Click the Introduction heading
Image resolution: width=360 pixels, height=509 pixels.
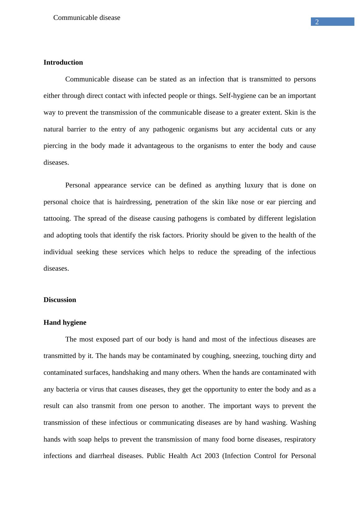(x=63, y=62)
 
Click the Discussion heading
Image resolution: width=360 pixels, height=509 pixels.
(x=60, y=300)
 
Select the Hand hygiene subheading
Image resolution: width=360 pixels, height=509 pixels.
(x=65, y=323)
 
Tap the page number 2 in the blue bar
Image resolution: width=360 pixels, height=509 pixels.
(x=317, y=22)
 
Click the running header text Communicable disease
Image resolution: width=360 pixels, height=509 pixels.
(x=87, y=18)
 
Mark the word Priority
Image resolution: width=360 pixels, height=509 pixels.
(x=197, y=235)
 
